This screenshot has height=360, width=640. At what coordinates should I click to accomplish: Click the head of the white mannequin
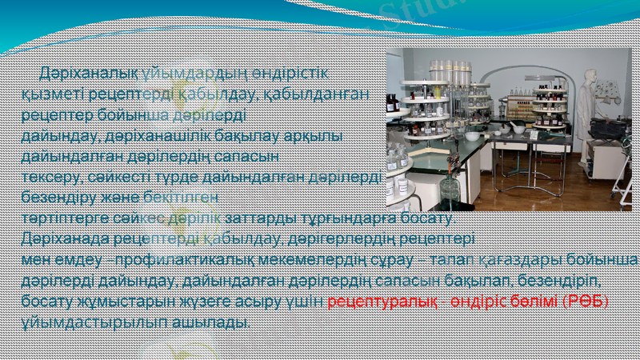click(590, 78)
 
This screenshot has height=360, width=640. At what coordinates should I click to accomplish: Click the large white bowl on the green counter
click(473, 136)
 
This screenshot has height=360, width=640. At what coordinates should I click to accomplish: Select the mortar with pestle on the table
click(518, 127)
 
